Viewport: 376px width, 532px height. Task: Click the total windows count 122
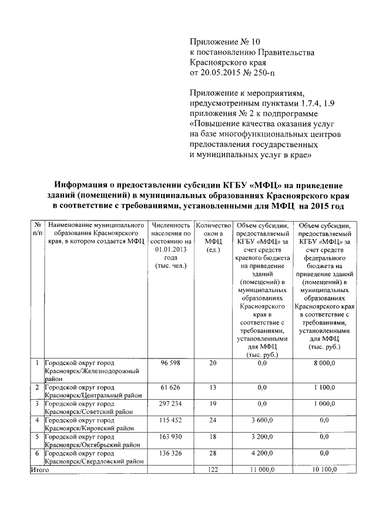(x=213, y=469)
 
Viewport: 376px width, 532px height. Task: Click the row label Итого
(x=39, y=469)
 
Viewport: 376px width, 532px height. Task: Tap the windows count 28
(x=213, y=453)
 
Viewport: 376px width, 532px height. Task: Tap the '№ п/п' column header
(x=37, y=229)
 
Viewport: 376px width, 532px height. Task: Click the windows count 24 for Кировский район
(x=213, y=420)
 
